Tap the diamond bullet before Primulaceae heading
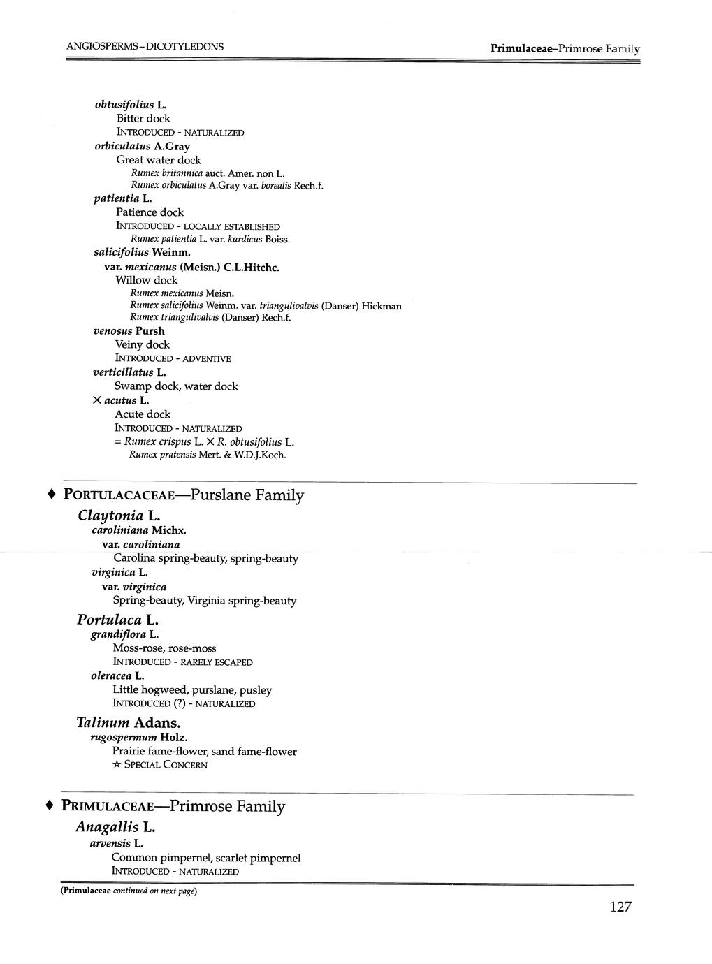pos(50,805)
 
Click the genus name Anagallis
pos(107,827)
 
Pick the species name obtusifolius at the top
pos(124,105)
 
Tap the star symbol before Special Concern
pos(116,765)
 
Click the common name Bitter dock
pos(143,119)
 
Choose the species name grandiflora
pos(119,634)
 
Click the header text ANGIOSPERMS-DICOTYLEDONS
pos(145,47)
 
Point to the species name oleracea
pos(111,676)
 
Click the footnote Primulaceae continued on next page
pos(129,892)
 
